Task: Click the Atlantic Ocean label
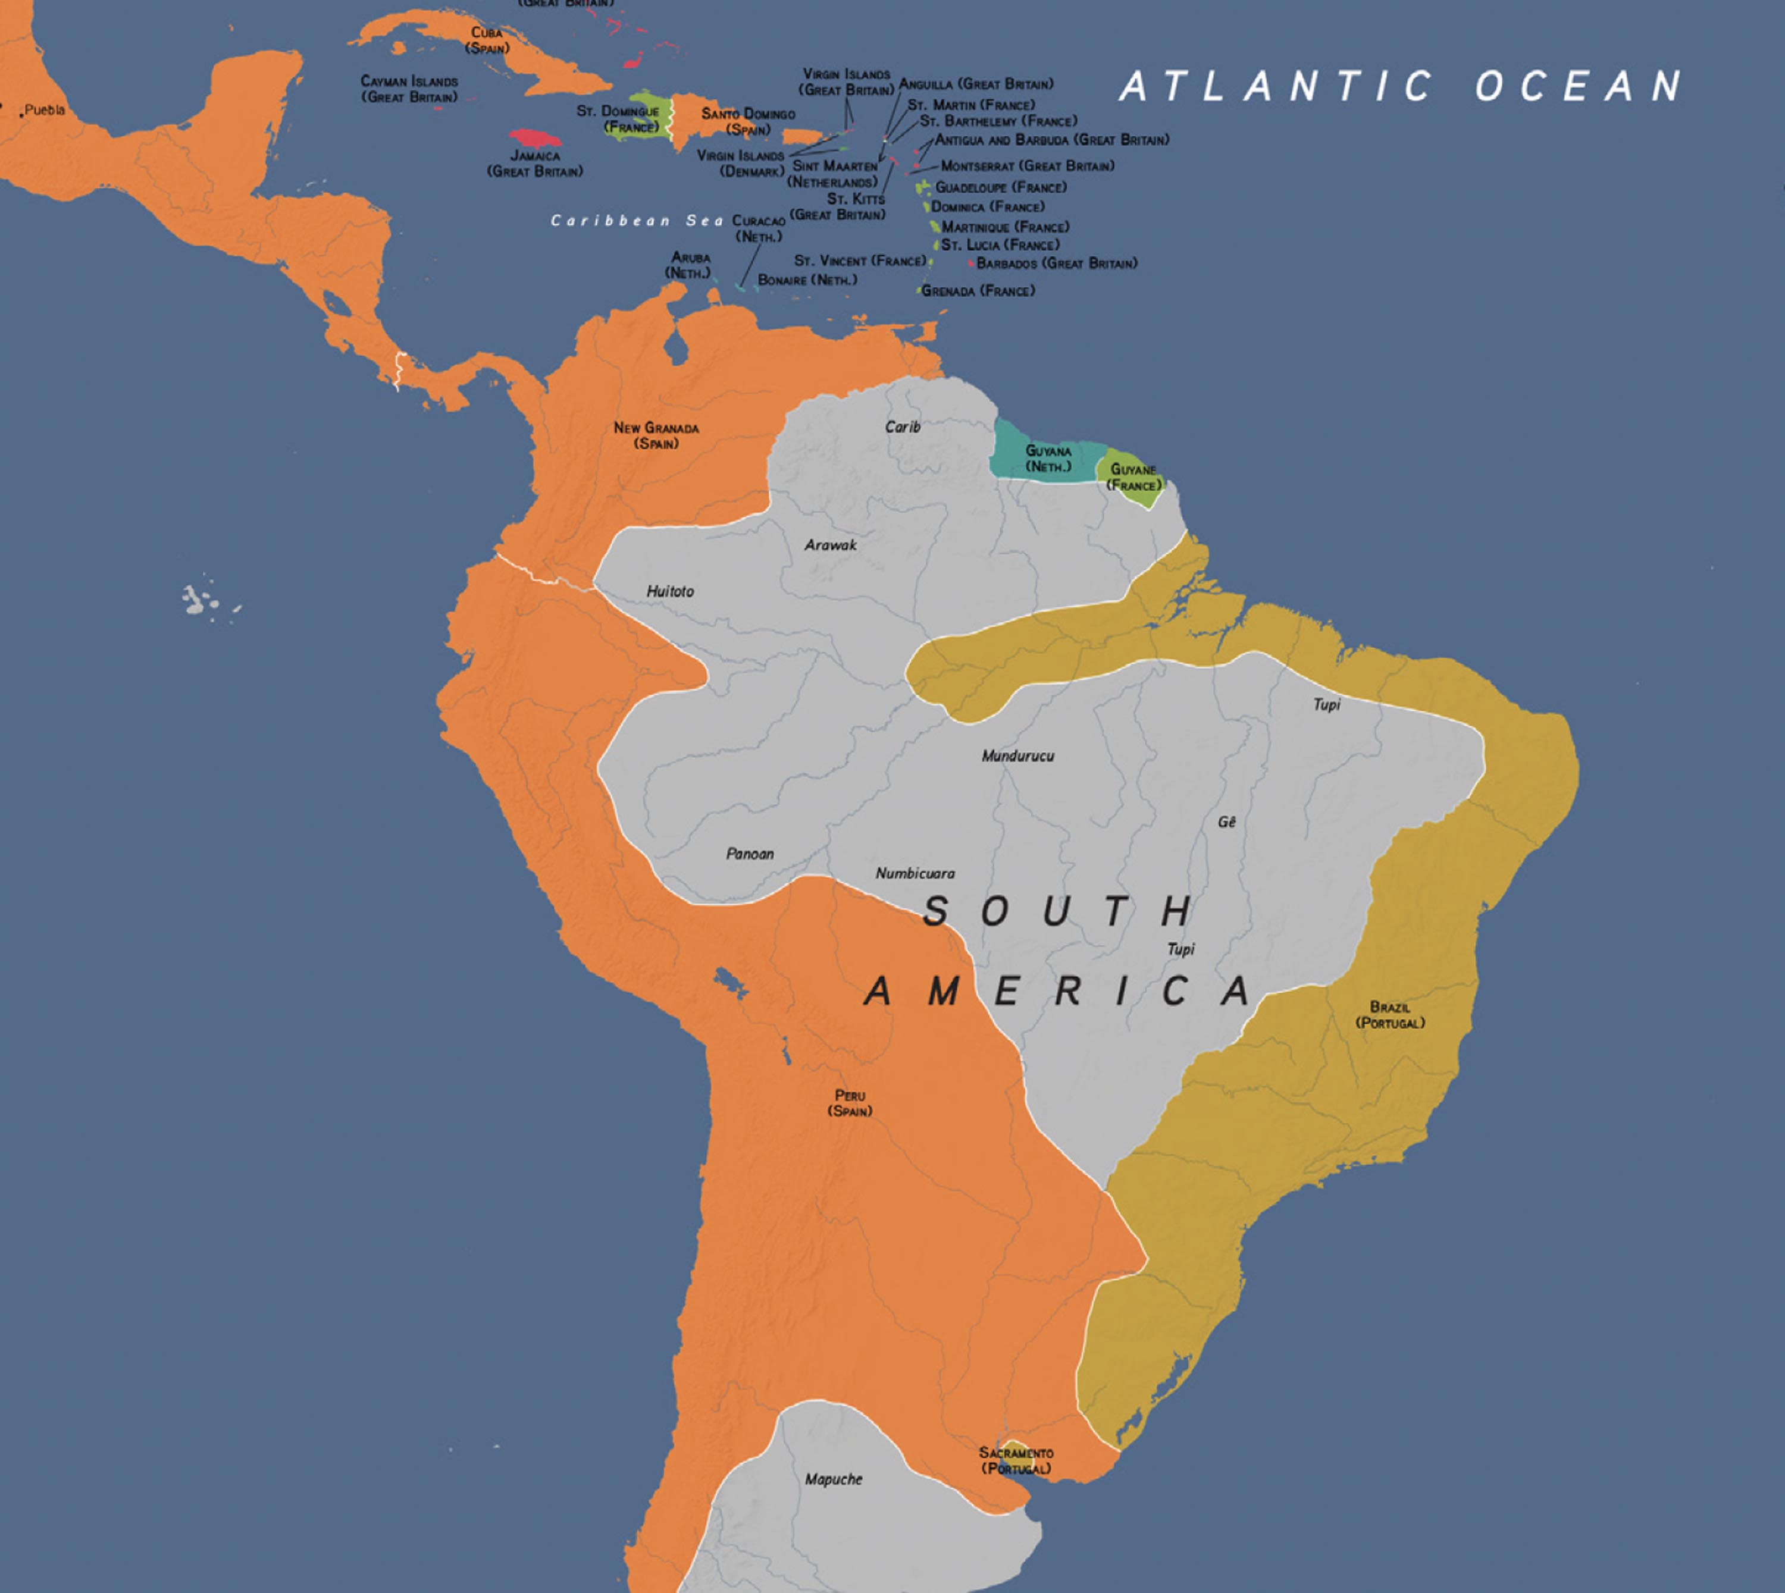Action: pos(1401,86)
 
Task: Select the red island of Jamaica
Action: pos(535,138)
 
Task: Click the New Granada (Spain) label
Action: pos(656,435)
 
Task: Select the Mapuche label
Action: pos(834,1479)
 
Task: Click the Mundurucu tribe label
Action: pos(1017,755)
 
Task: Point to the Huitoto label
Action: pos(670,592)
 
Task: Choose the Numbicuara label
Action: pos(915,873)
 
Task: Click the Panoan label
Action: pos(749,854)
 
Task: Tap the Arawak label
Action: pos(830,544)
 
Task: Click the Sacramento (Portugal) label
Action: pos(1016,1460)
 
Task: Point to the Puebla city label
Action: pos(44,110)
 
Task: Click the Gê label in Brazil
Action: pos(1226,822)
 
